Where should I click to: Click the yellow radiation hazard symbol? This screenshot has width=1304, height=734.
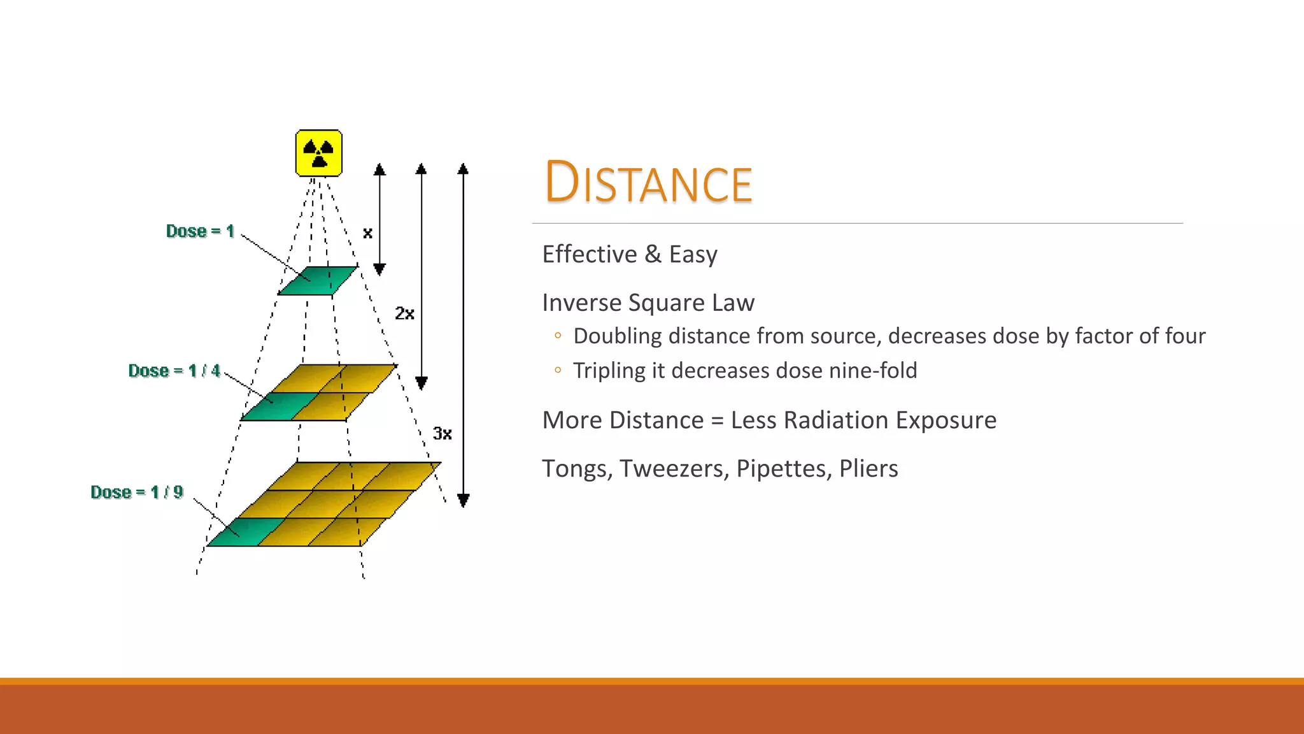[x=319, y=153]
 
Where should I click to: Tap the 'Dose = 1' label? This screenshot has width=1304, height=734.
[x=200, y=231]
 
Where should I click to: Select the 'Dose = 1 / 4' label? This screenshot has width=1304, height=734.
[x=174, y=371]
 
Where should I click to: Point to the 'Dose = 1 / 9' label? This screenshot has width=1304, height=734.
[x=137, y=493]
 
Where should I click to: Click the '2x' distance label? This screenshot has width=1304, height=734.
[x=404, y=313]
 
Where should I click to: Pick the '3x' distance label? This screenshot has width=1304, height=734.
[x=443, y=434]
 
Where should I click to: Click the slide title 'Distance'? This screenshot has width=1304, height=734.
[x=648, y=183]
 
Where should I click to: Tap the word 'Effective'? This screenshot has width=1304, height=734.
[x=589, y=254]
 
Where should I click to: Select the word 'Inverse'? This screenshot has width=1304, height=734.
[x=582, y=303]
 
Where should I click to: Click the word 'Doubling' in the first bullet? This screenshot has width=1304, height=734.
[x=618, y=336]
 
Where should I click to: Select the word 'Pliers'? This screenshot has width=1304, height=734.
[x=868, y=469]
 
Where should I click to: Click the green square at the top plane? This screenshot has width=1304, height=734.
[x=318, y=280]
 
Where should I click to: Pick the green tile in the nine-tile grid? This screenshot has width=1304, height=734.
[x=246, y=532]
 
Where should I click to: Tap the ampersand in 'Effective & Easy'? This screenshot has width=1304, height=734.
[x=653, y=254]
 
